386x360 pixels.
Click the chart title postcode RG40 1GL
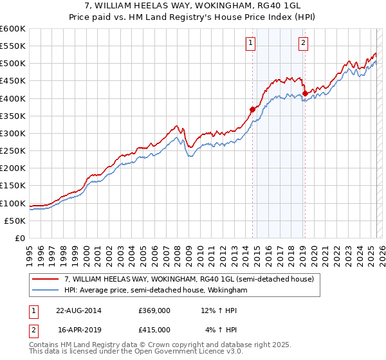pyautogui.click(x=280, y=6)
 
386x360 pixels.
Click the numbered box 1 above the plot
pyautogui.click(x=250, y=44)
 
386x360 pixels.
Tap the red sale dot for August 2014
pyautogui.click(x=253, y=109)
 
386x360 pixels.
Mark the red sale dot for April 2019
pyautogui.click(x=305, y=93)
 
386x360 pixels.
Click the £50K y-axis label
pyautogui.click(x=15, y=221)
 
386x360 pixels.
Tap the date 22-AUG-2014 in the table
pyautogui.click(x=78, y=310)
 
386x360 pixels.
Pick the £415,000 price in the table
pyautogui.click(x=154, y=329)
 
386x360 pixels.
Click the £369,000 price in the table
pyautogui.click(x=154, y=310)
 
